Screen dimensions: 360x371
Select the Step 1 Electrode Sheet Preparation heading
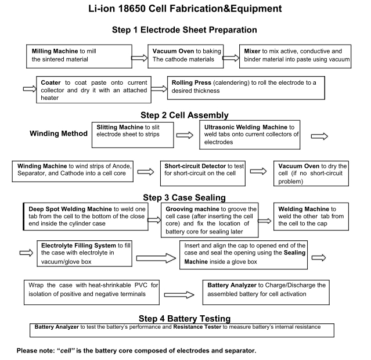click(185, 30)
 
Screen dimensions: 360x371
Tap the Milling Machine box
click(78, 55)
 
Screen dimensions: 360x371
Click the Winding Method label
click(58, 134)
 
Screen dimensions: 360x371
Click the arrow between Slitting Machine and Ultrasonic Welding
click(185, 136)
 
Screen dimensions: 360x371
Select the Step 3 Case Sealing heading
click(185, 197)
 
